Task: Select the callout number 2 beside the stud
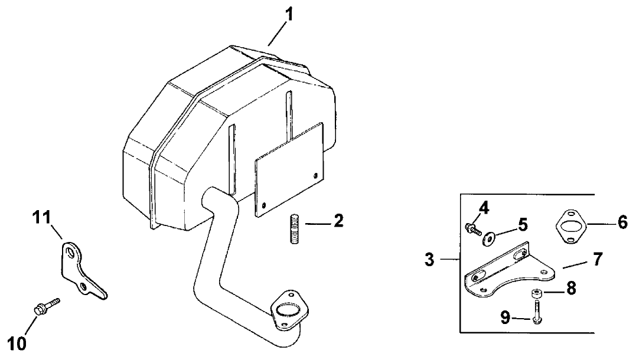[338, 222]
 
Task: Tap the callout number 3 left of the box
[429, 259]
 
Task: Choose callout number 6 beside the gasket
[622, 224]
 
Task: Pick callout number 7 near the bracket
[597, 259]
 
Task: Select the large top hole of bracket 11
[71, 253]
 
